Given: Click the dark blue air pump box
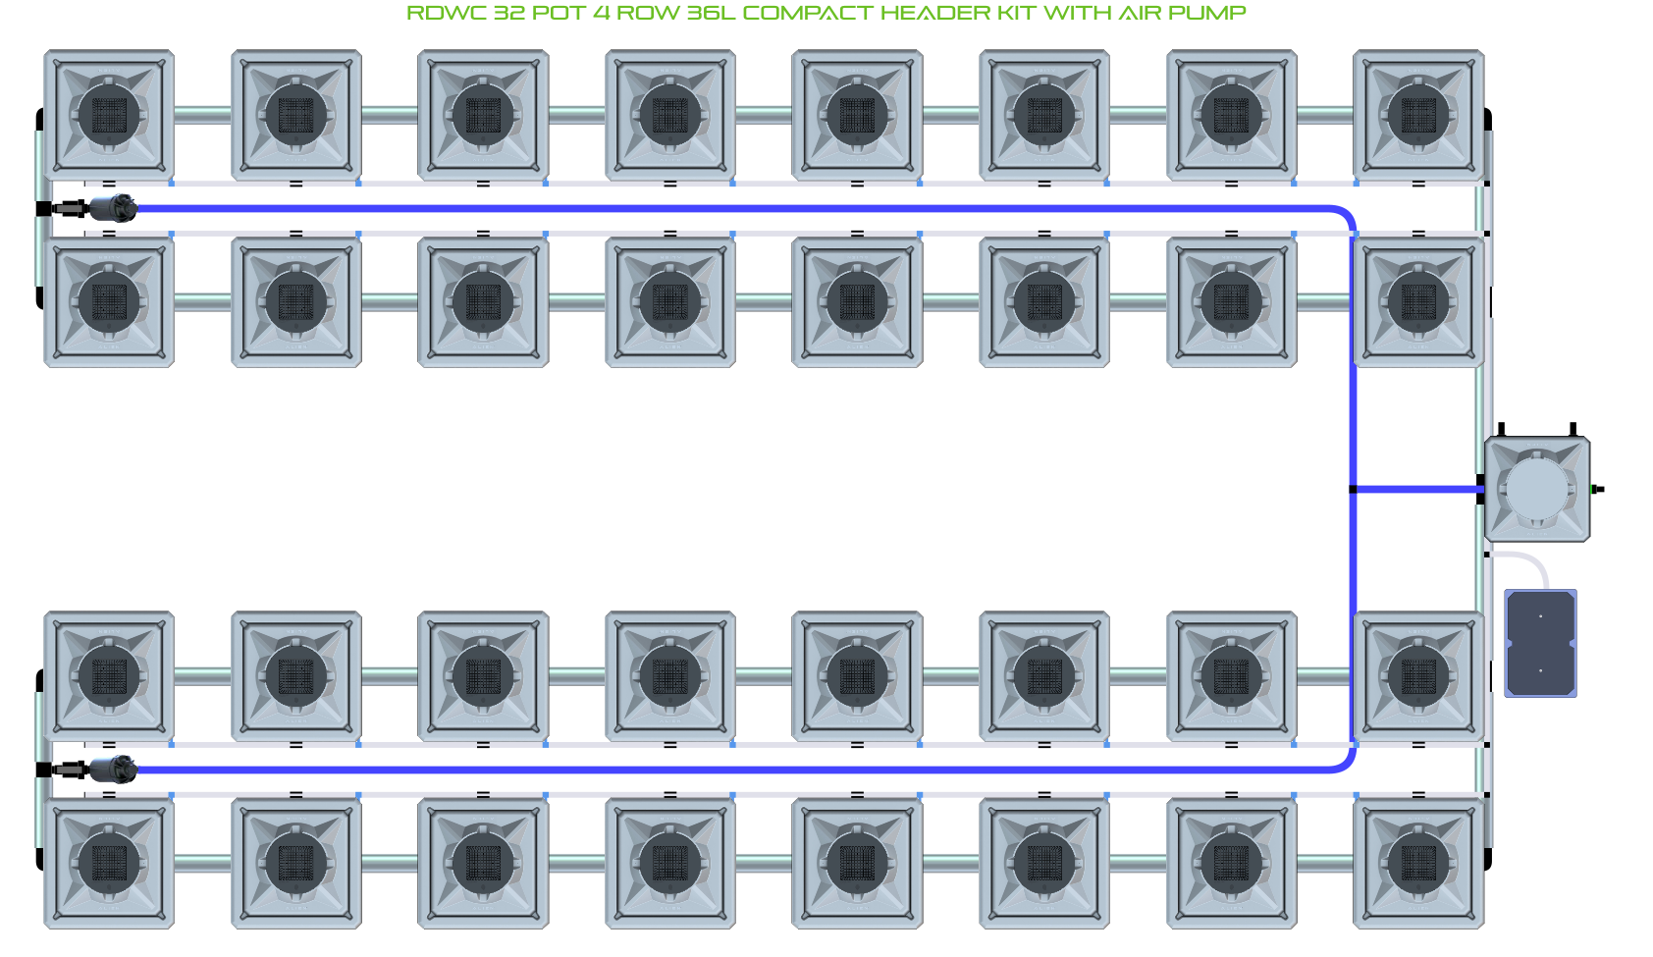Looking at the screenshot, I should click(x=1540, y=643).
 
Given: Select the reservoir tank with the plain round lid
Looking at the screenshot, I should click(x=1536, y=489).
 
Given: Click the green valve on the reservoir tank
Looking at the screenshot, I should click(x=1595, y=489).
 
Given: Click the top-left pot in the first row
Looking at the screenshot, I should click(x=109, y=115).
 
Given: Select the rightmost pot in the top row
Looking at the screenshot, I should click(x=1418, y=115).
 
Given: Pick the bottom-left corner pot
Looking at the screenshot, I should click(x=109, y=864).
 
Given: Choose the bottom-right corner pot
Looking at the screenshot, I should click(x=1418, y=864).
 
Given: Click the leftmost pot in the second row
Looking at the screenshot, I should click(x=109, y=302).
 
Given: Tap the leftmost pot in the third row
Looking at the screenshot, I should click(x=109, y=676).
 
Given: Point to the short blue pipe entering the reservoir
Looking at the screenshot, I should click(x=1418, y=489).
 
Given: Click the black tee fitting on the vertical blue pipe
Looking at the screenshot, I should click(x=1354, y=489).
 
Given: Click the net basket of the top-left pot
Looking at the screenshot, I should click(x=109, y=115).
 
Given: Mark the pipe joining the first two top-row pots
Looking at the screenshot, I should click(x=202, y=115).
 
